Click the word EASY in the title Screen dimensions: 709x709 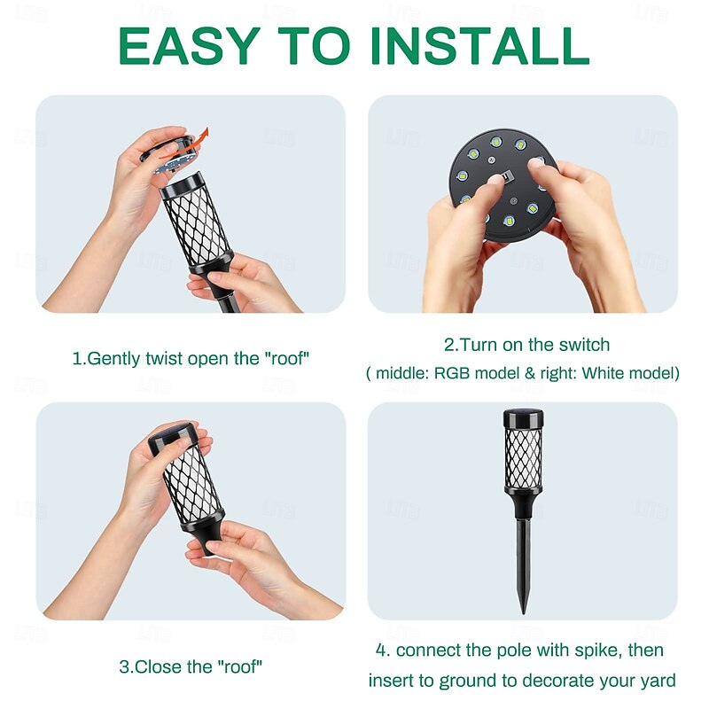click(x=190, y=46)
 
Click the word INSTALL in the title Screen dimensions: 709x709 click(x=479, y=46)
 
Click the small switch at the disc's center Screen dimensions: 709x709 click(x=506, y=175)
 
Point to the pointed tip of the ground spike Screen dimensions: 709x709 click(x=524, y=612)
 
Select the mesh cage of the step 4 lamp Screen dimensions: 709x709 click(x=523, y=458)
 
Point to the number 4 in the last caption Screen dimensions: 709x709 click(x=381, y=650)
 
